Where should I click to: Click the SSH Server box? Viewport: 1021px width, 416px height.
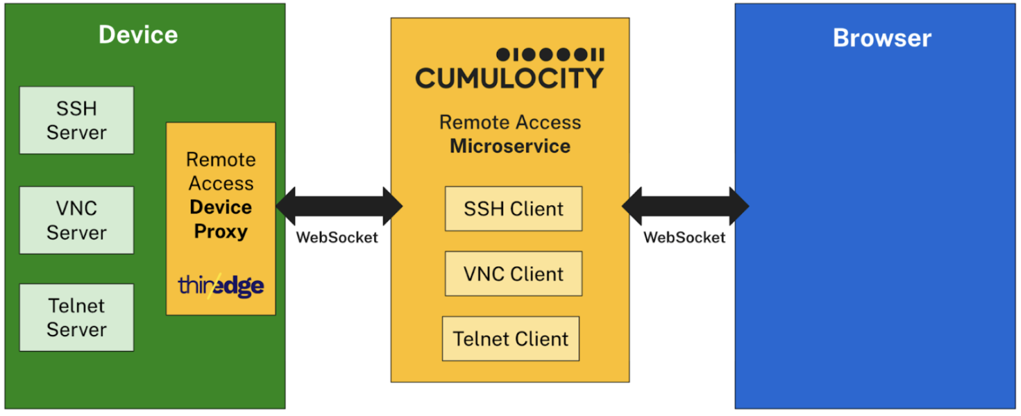(x=77, y=121)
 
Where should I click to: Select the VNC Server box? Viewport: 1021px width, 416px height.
(x=77, y=221)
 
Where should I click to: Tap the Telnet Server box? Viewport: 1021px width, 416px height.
(x=77, y=317)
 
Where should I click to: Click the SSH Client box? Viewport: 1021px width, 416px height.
(x=513, y=209)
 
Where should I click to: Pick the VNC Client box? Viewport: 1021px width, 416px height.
(x=513, y=274)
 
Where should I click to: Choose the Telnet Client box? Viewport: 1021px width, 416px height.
(x=510, y=339)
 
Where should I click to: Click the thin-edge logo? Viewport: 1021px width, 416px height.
(x=221, y=285)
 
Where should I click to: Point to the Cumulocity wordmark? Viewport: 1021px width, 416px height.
(x=509, y=79)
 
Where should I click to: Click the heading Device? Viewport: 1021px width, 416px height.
(x=138, y=35)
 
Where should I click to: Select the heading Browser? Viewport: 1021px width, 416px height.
(x=882, y=38)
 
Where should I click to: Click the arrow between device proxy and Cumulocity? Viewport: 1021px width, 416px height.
(x=339, y=206)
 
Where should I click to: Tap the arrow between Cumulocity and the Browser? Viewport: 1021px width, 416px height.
(x=685, y=206)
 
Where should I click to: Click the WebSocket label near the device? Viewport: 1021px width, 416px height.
(x=337, y=238)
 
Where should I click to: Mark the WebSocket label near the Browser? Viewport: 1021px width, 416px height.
(x=684, y=238)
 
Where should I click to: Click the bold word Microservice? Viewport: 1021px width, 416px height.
(x=510, y=147)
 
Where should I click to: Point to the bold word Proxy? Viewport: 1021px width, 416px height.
(x=221, y=232)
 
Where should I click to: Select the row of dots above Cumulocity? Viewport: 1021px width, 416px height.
(x=550, y=55)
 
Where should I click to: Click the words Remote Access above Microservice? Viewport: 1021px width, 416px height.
(x=510, y=123)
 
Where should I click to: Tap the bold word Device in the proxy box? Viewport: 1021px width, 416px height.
(x=221, y=208)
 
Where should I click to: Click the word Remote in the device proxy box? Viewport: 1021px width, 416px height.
(x=221, y=160)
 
